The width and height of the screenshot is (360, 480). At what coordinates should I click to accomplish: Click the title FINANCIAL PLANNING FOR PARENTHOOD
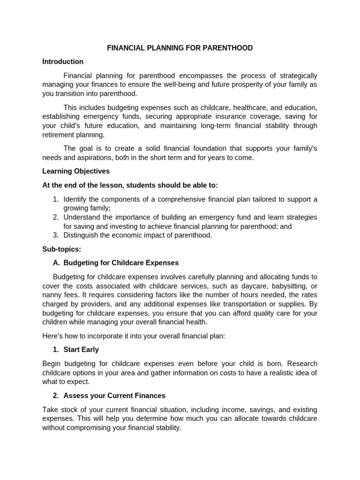coord(180,48)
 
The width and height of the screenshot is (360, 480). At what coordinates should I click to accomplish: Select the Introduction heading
coord(63,61)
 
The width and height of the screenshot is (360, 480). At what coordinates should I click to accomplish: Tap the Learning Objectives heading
coord(76,171)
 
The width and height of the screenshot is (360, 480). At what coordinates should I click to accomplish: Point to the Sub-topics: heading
coord(61,249)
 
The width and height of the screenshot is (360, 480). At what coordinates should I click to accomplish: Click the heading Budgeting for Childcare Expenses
coord(121,262)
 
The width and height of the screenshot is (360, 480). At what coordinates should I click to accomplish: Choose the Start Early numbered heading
coord(81,349)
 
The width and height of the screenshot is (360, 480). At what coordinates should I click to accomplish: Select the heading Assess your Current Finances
coord(114,395)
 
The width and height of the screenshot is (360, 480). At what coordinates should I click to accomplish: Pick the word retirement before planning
coord(60,135)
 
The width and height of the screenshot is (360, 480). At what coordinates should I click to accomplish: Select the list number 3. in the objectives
coord(55,235)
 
